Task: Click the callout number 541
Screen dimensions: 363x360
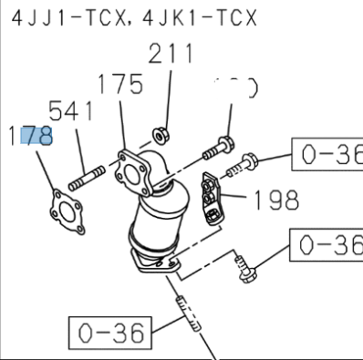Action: pyautogui.click(x=71, y=112)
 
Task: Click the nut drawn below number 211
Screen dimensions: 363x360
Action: pyautogui.click(x=159, y=133)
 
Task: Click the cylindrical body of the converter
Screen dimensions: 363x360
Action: pyautogui.click(x=154, y=223)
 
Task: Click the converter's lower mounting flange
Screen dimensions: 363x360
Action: pyautogui.click(x=156, y=265)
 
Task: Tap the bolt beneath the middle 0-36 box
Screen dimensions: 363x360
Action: pyautogui.click(x=245, y=271)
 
